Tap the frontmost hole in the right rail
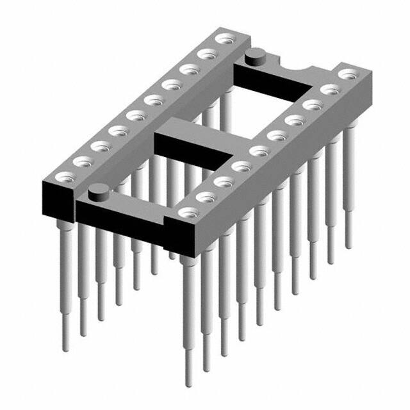(x=188, y=212)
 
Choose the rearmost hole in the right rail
(x=347, y=73)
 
